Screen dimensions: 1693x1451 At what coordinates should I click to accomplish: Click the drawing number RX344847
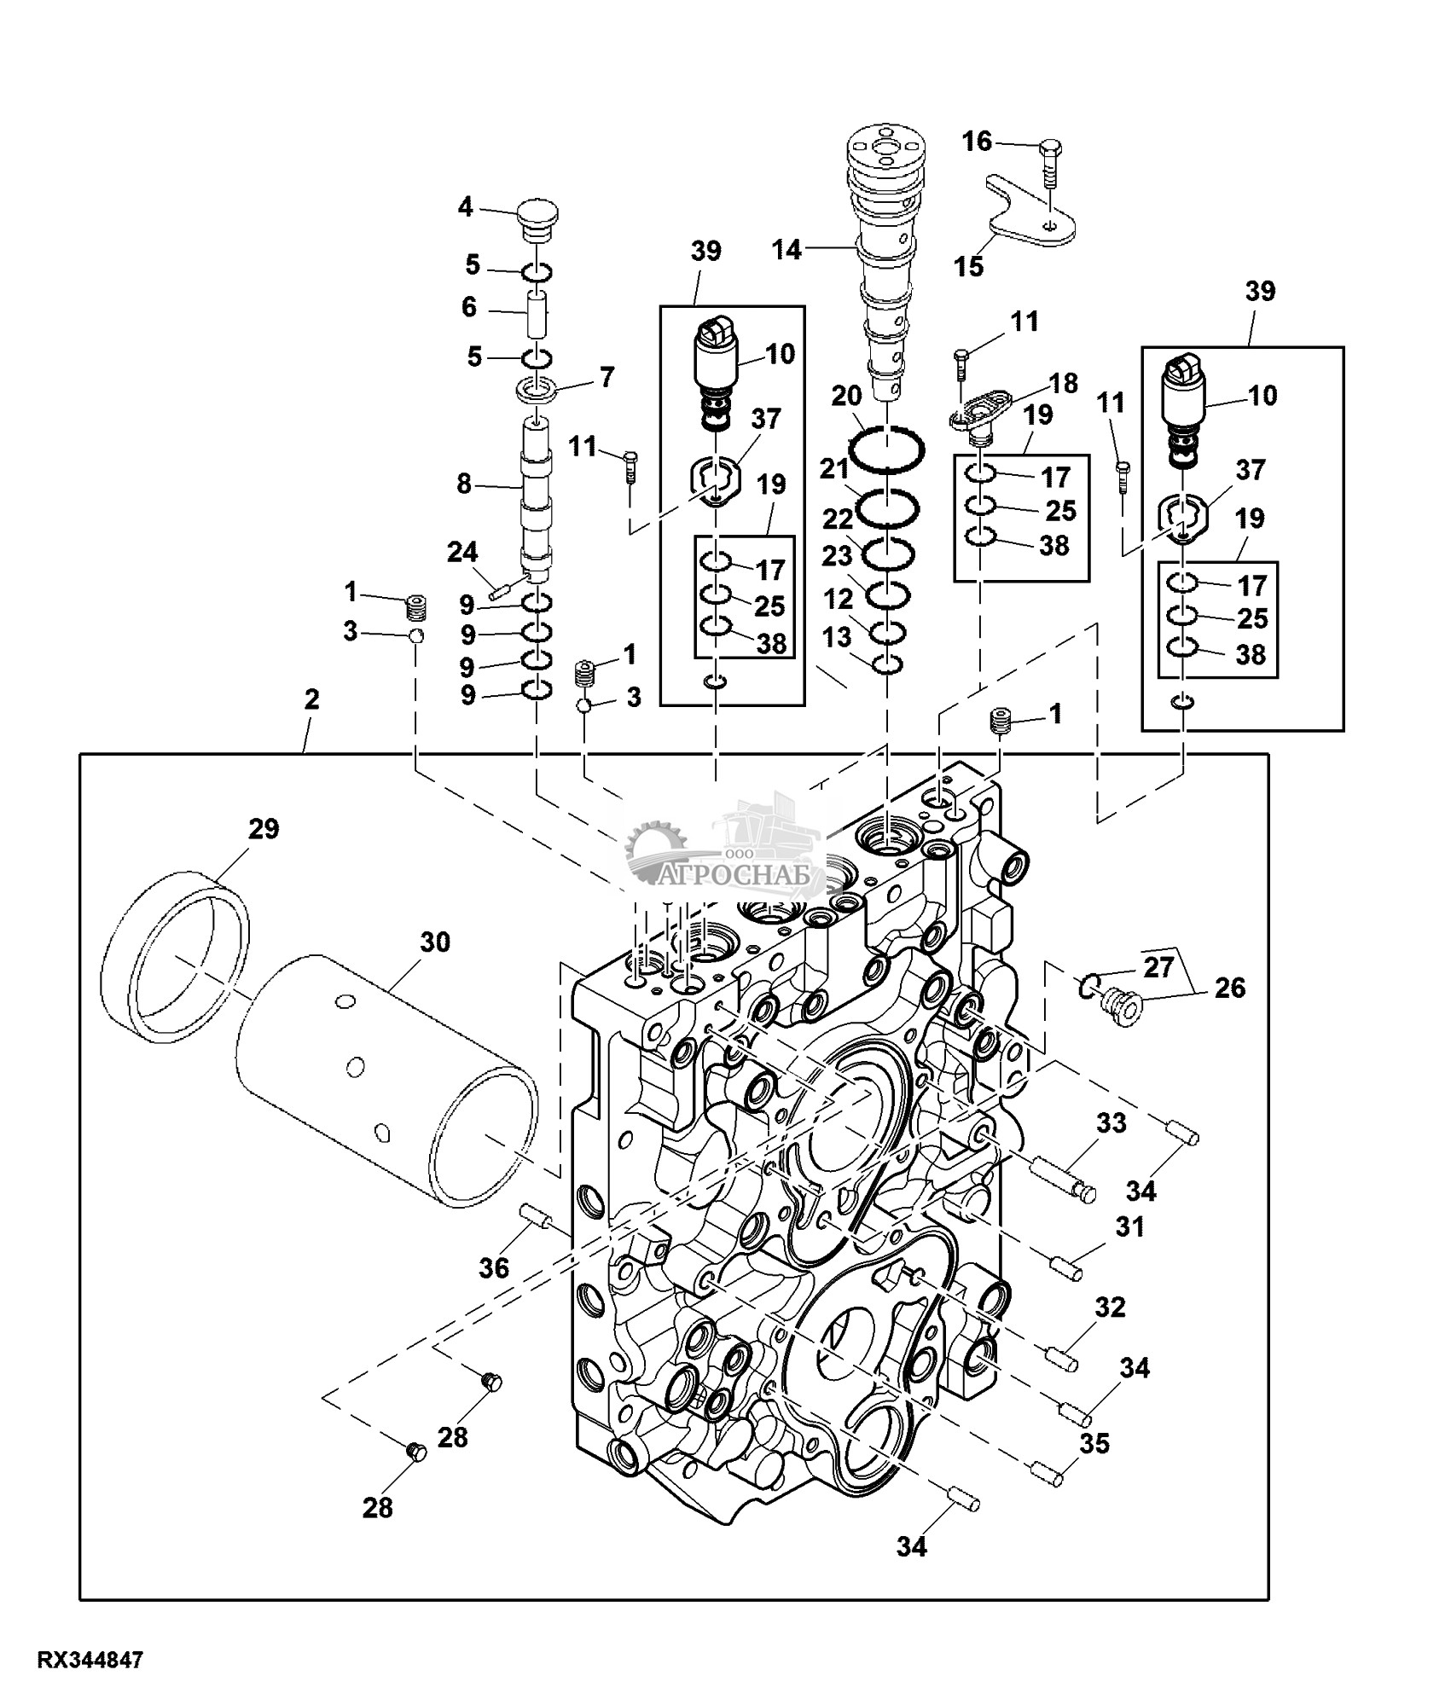click(x=90, y=1660)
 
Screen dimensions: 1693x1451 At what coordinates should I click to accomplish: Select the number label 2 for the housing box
click(x=311, y=700)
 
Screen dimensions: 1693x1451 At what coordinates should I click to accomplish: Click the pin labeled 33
click(x=1061, y=1178)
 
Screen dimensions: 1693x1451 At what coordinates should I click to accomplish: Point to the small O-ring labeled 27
click(x=1088, y=988)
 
